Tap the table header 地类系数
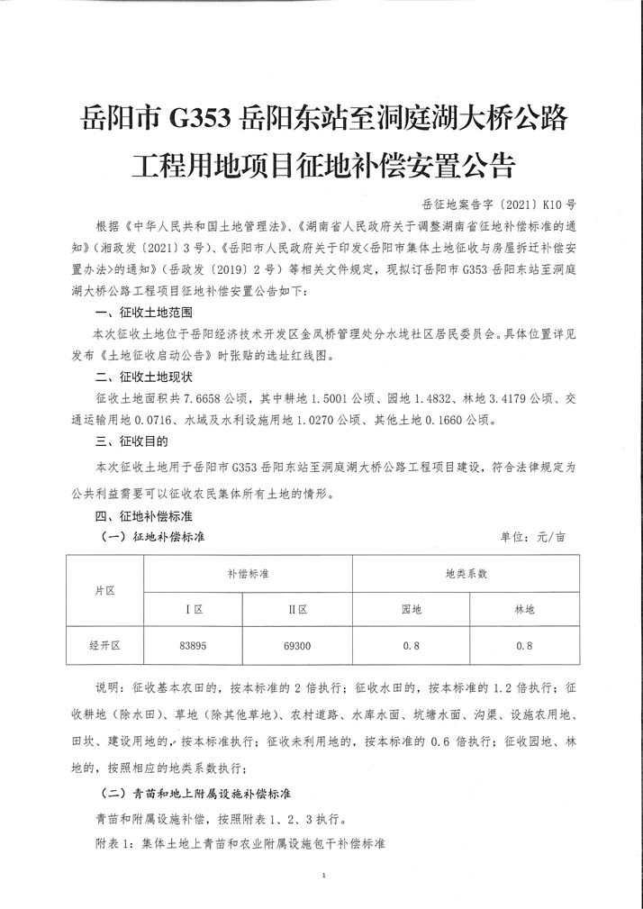466,573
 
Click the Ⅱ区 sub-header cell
298,610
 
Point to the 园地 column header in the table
412,610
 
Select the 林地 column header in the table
524,610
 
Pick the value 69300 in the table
298,646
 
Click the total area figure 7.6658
207,397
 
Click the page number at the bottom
321,874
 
